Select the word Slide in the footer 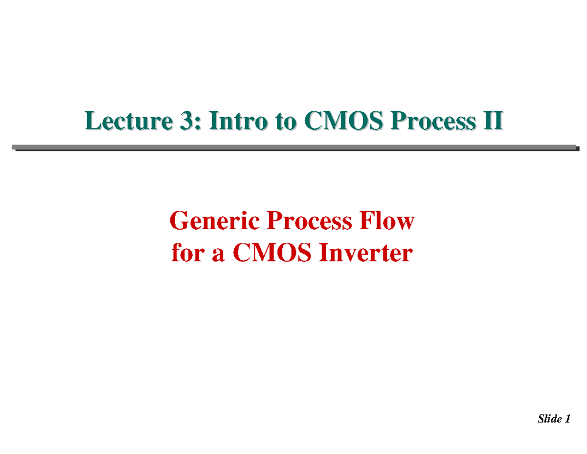548,419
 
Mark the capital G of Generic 177,222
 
